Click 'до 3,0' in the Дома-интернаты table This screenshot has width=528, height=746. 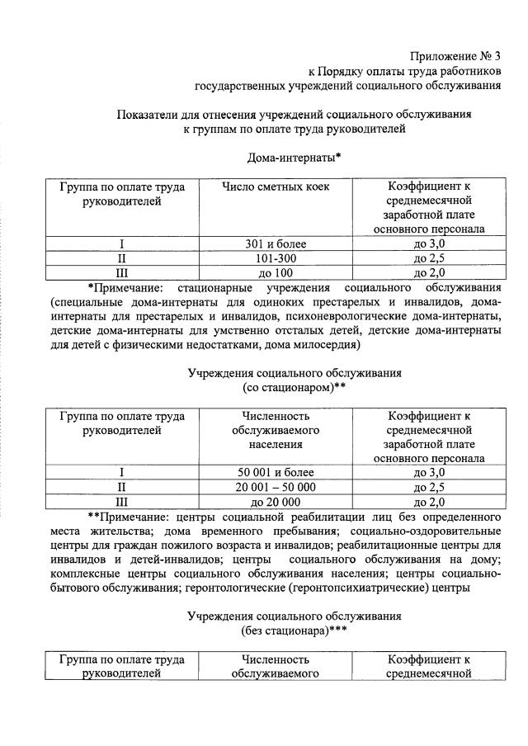(x=428, y=243)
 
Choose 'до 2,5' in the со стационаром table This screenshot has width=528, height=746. (x=428, y=487)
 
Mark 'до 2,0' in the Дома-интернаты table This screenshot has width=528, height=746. (x=428, y=273)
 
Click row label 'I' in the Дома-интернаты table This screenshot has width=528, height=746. (x=122, y=243)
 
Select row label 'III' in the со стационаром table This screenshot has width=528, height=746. (x=122, y=502)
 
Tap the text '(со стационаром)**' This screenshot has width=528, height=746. (x=294, y=387)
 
